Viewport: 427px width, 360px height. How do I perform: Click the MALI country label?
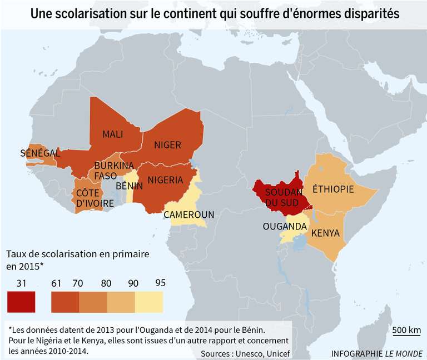coord(113,134)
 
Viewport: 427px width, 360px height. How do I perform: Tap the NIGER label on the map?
coord(167,145)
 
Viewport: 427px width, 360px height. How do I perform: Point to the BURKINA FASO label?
coord(113,171)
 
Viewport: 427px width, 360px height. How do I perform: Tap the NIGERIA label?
coord(165,180)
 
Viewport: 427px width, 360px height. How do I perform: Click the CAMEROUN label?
coord(188,214)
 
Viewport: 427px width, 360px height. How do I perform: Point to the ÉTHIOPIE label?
coord(333,189)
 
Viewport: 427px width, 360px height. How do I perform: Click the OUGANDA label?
coord(285,226)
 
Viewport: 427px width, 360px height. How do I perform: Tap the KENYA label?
coord(325,233)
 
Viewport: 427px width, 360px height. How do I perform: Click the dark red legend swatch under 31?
coord(22,302)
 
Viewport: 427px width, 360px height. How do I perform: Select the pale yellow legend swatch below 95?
coord(150,302)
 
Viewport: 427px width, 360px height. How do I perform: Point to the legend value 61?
coord(56,283)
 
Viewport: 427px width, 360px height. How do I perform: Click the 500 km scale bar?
coord(406,332)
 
